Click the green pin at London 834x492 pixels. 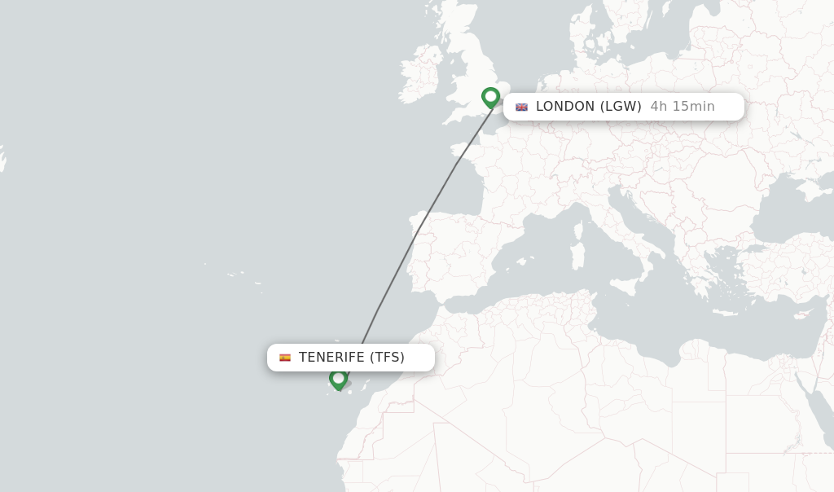pos(490,97)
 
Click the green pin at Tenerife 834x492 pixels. pos(339,379)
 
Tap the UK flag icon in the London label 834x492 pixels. pos(521,107)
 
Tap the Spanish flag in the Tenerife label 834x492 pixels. pos(285,358)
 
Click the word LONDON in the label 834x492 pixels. pos(564,107)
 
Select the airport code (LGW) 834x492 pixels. pos(621,107)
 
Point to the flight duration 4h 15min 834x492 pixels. pos(683,107)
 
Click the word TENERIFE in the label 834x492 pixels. pos(331,358)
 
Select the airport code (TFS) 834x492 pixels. pos(387,358)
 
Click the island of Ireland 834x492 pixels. pos(419,78)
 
